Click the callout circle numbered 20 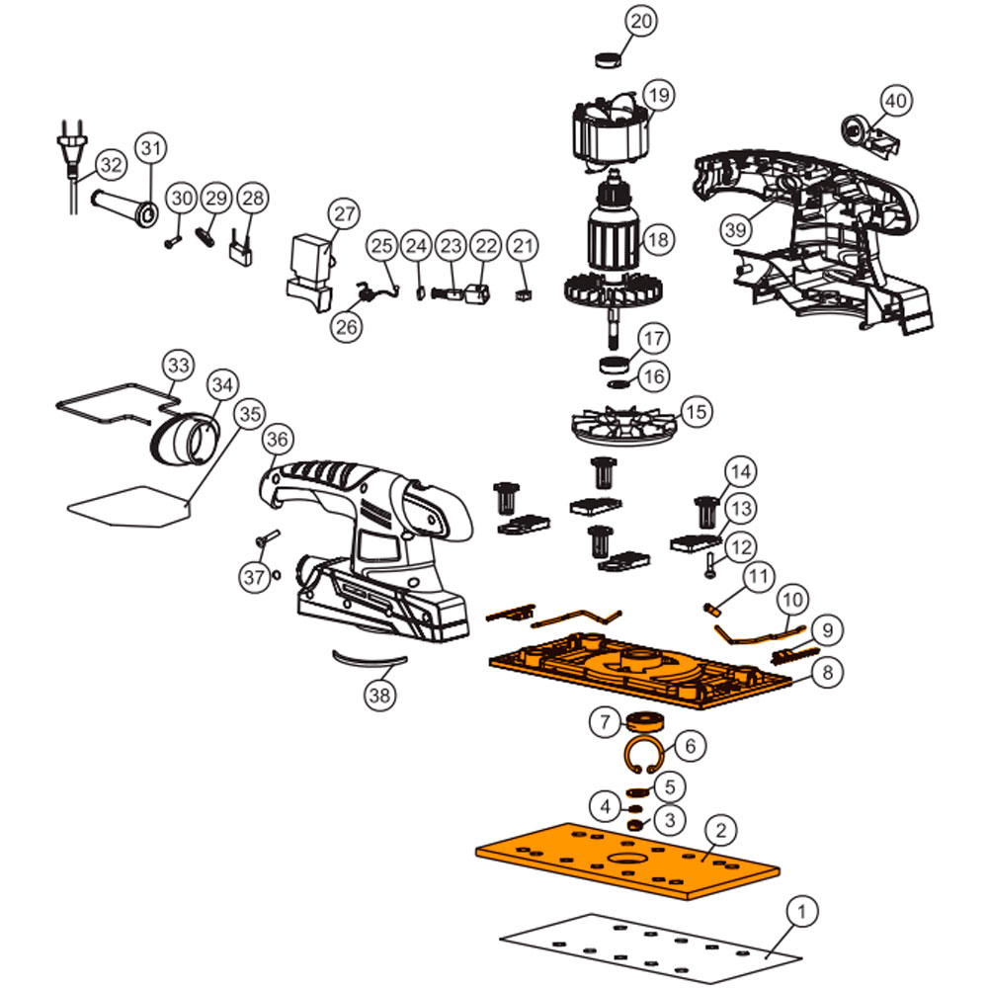641,21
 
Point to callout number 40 896,101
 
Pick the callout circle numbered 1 801,912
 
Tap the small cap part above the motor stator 608,60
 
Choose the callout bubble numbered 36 278,440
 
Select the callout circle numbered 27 345,214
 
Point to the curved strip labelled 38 370,659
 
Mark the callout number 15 696,412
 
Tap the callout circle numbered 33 178,366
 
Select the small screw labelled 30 173,241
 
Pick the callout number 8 827,672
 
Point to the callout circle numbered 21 523,246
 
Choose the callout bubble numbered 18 658,240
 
